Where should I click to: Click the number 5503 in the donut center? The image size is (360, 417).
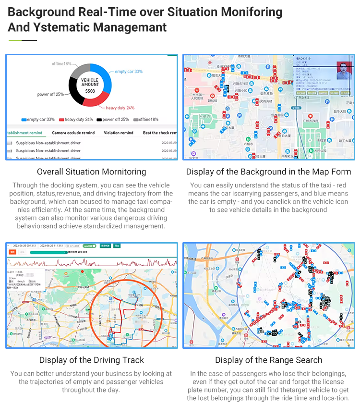[x=90, y=91]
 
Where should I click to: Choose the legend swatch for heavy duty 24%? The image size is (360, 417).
[x=61, y=120]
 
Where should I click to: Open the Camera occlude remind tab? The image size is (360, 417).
[x=73, y=133]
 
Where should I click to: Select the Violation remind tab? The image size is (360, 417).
[x=119, y=133]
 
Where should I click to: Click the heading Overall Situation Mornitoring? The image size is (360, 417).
[x=92, y=172]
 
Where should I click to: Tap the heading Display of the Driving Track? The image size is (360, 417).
[x=92, y=360]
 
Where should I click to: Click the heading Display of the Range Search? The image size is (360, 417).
[x=269, y=360]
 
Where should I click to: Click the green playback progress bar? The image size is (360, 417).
[x=48, y=252]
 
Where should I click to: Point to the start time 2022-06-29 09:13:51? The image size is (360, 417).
[x=24, y=245]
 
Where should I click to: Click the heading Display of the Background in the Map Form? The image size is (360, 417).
[x=269, y=172]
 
